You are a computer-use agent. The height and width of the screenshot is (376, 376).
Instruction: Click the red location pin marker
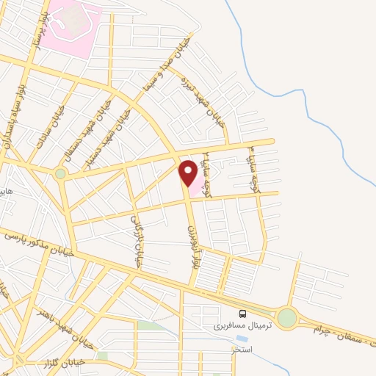[x=189, y=173]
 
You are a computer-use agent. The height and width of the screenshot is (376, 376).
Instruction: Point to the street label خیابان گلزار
[x=46, y=362]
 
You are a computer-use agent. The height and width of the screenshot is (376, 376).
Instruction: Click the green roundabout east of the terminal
[x=287, y=318]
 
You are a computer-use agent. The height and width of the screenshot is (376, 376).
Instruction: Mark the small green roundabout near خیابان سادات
[x=59, y=174]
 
